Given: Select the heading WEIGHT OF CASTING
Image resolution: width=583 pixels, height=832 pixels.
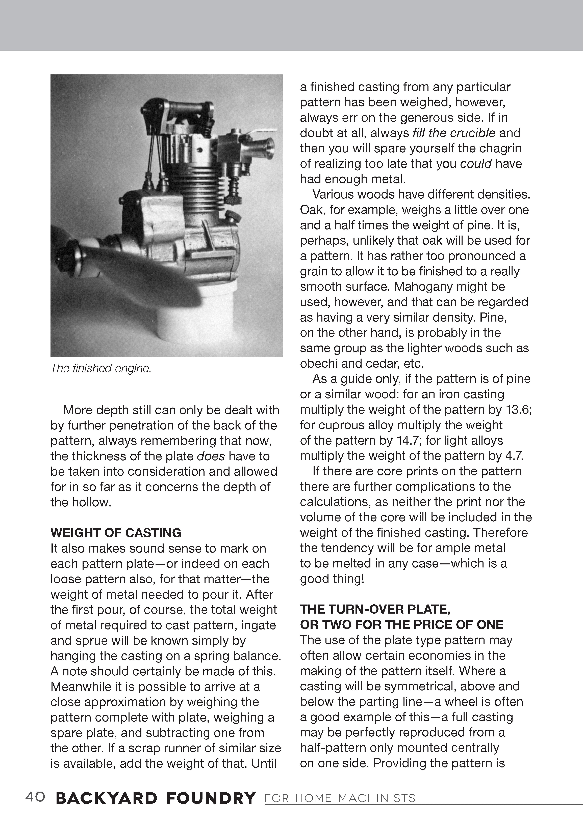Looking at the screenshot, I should click(x=116, y=533).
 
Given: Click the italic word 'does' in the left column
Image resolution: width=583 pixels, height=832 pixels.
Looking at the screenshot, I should click(x=211, y=456).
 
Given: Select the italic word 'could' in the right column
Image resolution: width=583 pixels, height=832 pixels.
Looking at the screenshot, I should click(x=476, y=164).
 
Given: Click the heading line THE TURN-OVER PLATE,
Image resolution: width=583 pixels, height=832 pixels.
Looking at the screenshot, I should click(x=375, y=610).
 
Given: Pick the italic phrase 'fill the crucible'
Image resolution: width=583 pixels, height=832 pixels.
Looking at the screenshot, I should click(x=454, y=133).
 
